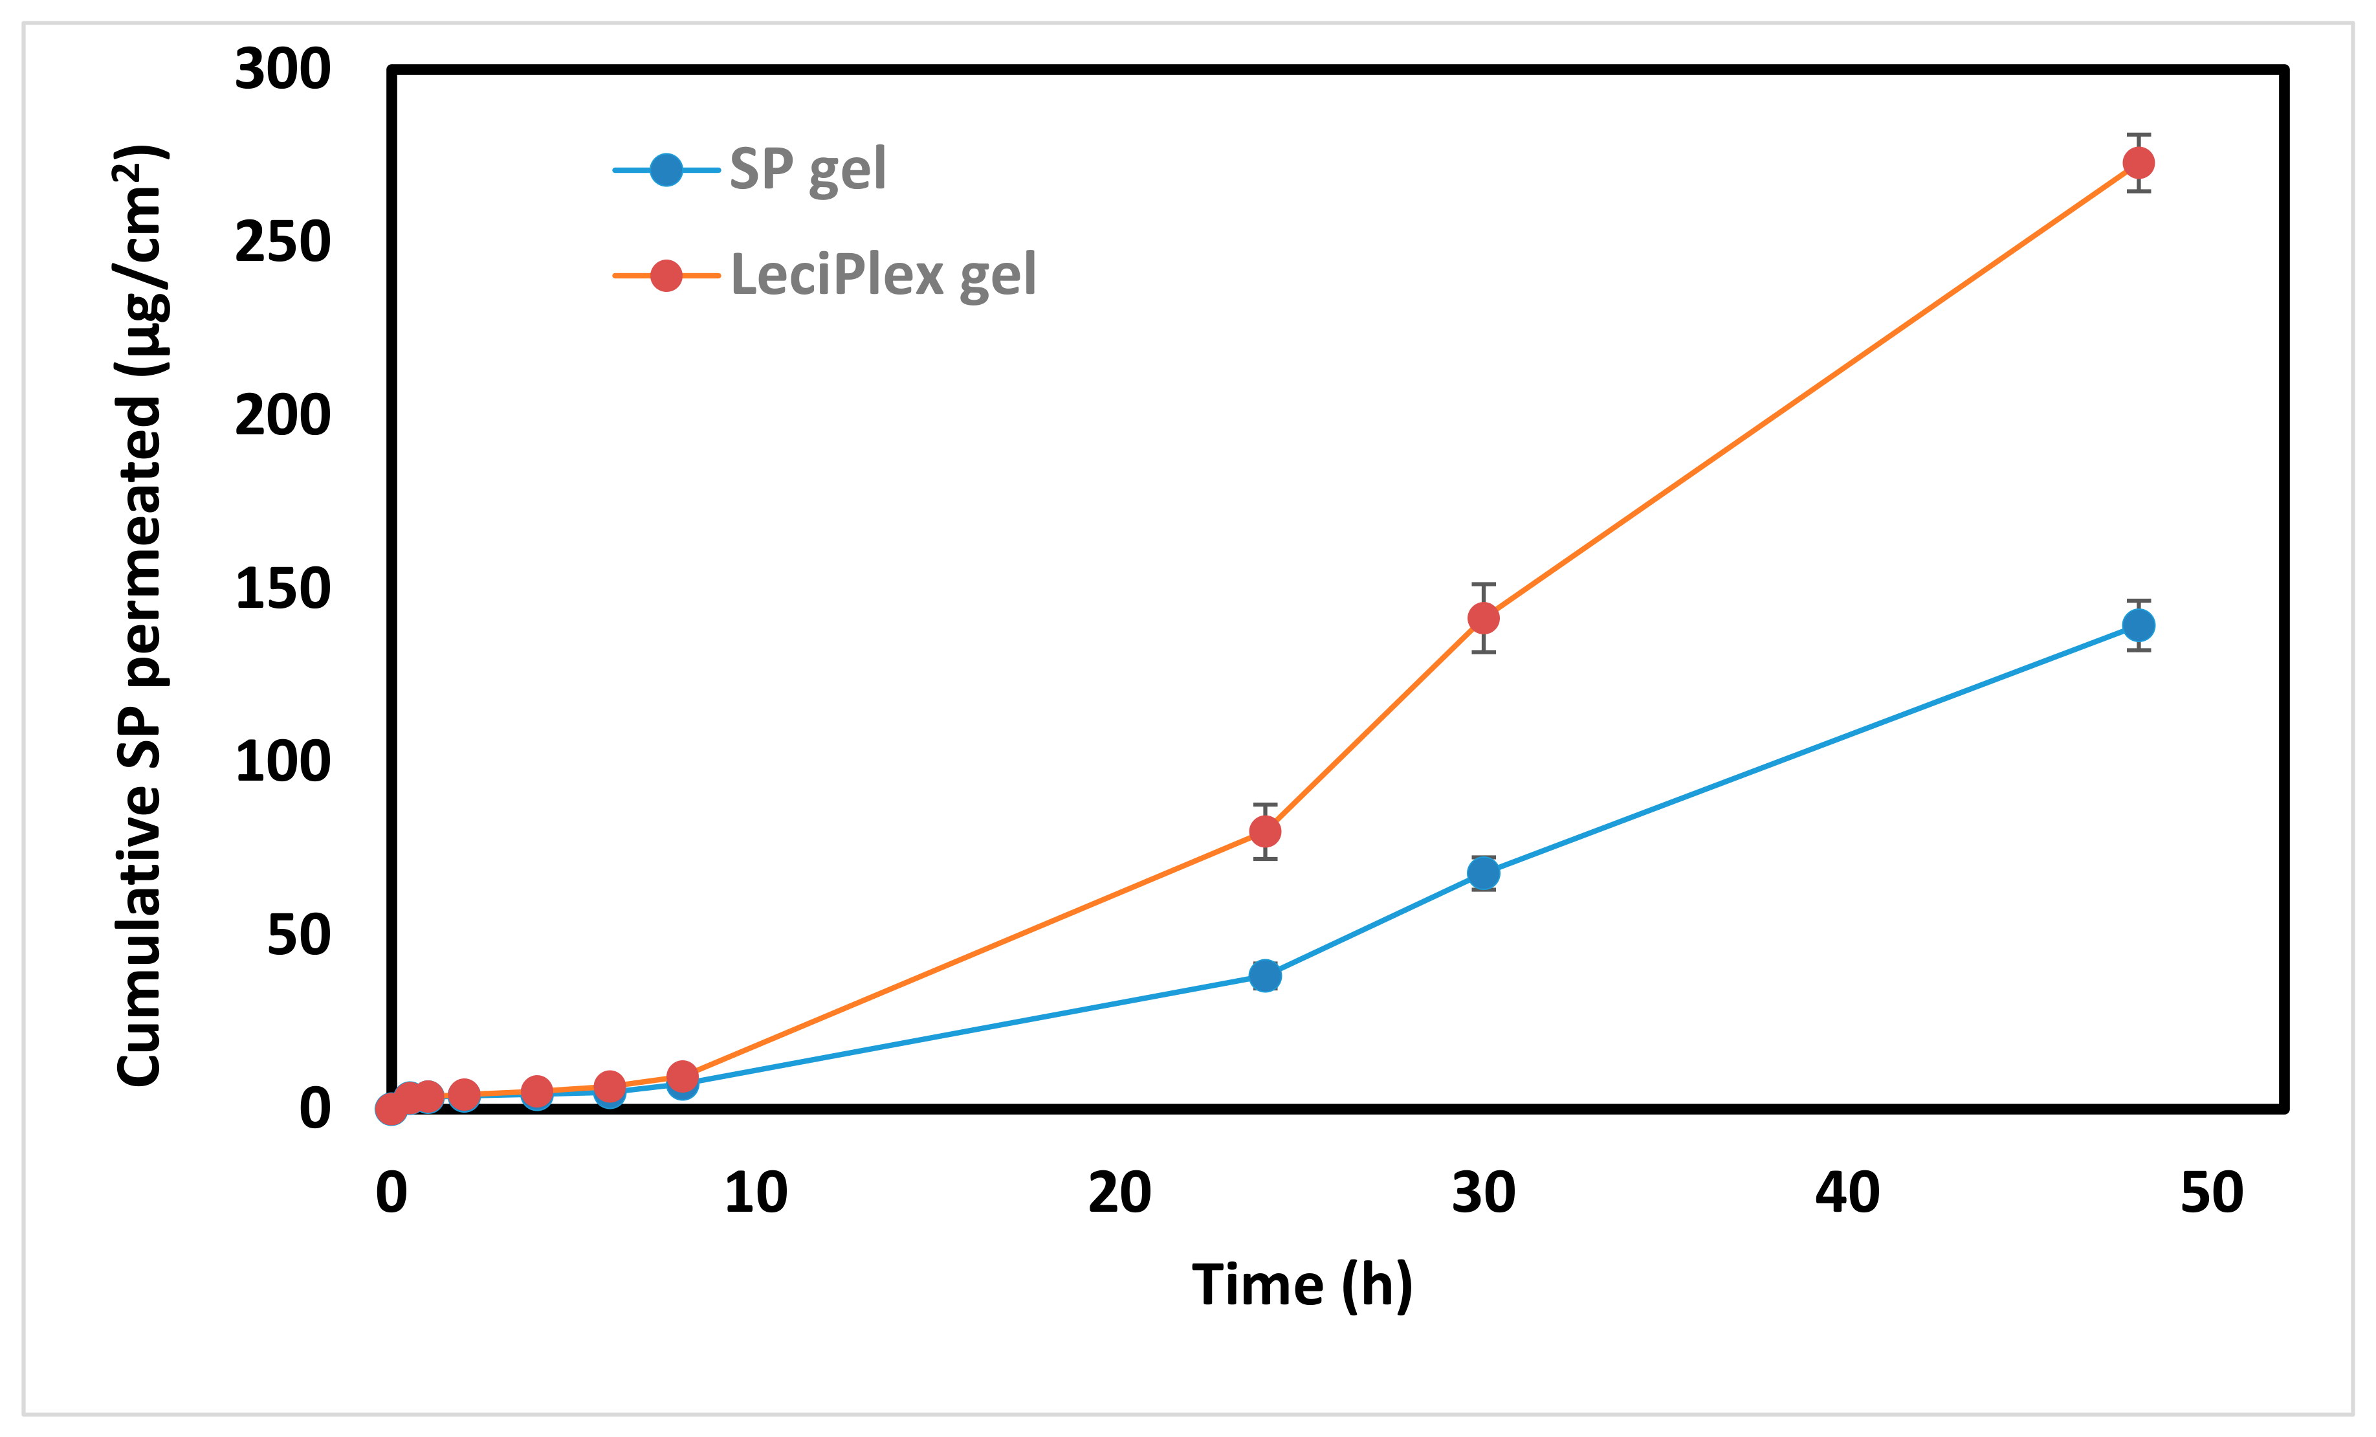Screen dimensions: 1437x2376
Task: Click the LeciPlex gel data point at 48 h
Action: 2138,163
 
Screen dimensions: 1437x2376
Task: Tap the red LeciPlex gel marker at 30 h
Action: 1483,618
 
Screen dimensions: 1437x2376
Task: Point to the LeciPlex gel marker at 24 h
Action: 1265,831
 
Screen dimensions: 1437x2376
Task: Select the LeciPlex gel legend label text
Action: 883,275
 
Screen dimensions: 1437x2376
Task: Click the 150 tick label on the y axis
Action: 283,588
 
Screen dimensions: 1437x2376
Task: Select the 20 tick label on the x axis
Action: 1119,1193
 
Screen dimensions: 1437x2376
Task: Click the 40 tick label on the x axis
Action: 1847,1193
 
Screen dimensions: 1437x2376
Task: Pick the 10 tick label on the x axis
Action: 756,1193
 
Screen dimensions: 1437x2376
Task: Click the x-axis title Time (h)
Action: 1302,1286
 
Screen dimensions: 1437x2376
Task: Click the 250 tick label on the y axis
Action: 283,242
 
